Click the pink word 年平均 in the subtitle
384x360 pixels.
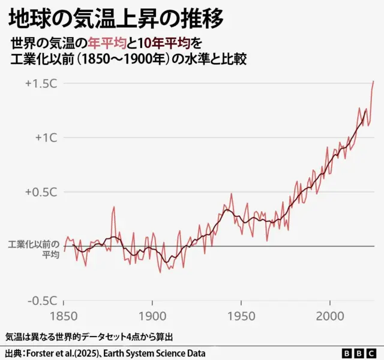106,44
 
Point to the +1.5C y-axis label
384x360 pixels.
41,83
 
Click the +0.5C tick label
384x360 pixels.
41,192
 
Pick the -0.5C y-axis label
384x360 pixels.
41,301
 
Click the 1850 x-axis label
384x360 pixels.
64,316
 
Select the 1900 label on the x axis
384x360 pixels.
152,316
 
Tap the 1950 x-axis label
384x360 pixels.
241,316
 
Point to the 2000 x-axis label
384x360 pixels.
329,316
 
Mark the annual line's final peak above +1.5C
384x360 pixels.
373,81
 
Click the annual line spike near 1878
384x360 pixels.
113,208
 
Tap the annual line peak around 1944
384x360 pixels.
230,194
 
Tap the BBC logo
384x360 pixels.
359,353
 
